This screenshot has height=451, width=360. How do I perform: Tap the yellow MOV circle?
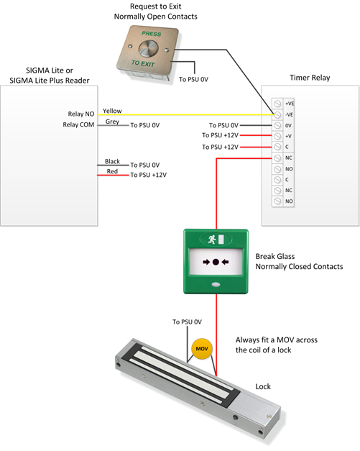coord(202,349)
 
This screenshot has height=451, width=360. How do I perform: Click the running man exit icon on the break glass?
coord(212,239)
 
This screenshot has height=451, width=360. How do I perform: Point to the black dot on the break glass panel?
coord(216,262)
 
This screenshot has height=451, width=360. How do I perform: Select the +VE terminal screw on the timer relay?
coord(277,104)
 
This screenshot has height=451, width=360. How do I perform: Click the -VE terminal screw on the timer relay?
coord(277,114)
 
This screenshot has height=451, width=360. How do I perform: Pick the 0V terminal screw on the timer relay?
coord(277,125)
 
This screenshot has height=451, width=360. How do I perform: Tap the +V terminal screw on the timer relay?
coord(277,136)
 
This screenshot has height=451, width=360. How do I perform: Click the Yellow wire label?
coord(112,111)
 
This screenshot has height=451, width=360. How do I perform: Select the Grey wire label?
coord(112,122)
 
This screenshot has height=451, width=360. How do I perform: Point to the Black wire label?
coord(112,161)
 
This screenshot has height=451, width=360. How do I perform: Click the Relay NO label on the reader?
coord(81,114)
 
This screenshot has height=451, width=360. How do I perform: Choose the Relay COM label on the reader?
coord(78,124)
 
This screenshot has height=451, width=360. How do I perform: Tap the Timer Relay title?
coord(310,78)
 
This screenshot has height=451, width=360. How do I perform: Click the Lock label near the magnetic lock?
coord(263,386)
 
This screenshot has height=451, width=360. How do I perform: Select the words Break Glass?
coord(275,256)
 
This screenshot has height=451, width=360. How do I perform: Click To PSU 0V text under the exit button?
coord(193,79)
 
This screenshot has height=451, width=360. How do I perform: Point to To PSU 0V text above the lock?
coord(187,322)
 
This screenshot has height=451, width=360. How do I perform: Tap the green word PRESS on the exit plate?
coord(152,34)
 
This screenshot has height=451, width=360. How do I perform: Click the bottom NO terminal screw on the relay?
coord(277,201)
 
